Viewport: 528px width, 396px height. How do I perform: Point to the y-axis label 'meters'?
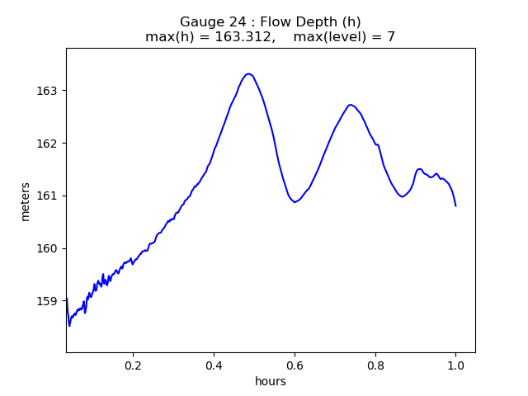[x=26, y=201]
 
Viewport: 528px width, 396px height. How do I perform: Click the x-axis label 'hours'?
[x=271, y=381]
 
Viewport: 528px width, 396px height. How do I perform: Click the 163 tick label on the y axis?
[x=48, y=90]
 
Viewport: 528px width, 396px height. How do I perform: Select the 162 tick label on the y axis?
[x=48, y=143]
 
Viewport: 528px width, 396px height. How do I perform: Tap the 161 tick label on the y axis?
[x=48, y=196]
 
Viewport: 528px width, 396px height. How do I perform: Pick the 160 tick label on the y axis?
[x=48, y=248]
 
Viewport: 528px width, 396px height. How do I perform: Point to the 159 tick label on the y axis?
[x=48, y=301]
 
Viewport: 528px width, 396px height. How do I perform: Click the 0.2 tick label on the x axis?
[x=133, y=364]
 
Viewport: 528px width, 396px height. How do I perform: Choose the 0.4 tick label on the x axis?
[x=214, y=364]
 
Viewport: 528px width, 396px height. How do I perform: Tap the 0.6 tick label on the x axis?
[x=295, y=364]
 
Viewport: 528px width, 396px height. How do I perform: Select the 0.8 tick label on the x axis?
[x=375, y=364]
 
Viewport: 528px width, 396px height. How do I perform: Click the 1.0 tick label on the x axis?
[x=455, y=364]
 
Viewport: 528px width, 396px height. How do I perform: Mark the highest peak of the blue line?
[x=248, y=74]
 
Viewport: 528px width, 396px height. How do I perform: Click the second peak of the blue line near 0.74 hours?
[x=351, y=105]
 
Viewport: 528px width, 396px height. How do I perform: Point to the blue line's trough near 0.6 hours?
[x=295, y=201]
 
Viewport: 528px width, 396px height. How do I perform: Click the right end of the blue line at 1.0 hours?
[x=455, y=205]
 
